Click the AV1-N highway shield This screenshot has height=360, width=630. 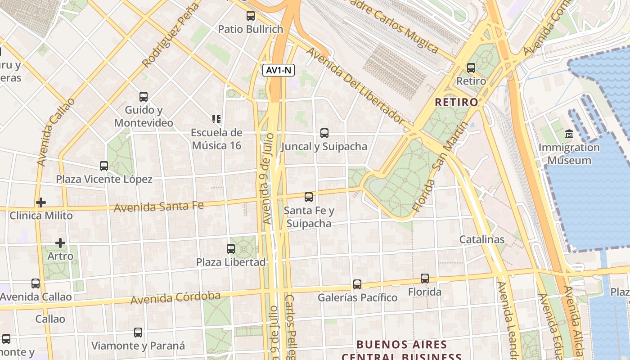coord(279,70)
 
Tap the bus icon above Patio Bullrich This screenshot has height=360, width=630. coord(251,16)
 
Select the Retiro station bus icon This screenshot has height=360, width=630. coord(471,68)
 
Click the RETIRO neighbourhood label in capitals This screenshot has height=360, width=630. coord(457,102)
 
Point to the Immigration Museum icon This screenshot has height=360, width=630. coord(569,134)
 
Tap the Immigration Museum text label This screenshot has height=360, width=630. coord(569,154)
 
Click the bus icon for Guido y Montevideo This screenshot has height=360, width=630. coord(144,97)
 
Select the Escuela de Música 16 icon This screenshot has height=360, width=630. coord(216,119)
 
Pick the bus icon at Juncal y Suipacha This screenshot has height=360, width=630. coord(324,133)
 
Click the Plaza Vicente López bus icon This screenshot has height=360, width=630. coord(104,166)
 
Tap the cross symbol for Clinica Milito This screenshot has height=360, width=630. coord(41,202)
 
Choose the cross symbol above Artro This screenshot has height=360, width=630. coord(60,243)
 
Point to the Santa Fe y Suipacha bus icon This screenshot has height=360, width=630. coord(309,197)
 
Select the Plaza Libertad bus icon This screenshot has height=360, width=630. coord(231,249)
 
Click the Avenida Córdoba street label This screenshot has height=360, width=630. coord(175,298)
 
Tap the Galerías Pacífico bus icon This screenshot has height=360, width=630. coord(357,284)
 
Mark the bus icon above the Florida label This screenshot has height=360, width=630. coord(425,279)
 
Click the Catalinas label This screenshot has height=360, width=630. coord(482,239)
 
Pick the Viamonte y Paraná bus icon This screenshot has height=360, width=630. coord(138,333)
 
